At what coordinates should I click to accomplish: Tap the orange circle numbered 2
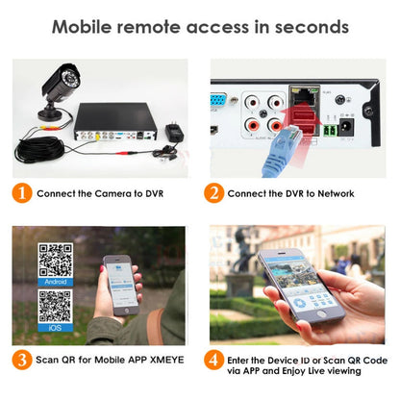coord(213,193)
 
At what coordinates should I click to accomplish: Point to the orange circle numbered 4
coord(213,362)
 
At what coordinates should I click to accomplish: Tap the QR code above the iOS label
coord(55,307)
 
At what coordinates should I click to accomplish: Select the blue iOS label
coord(55,330)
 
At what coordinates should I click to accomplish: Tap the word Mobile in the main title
coord(86,26)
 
